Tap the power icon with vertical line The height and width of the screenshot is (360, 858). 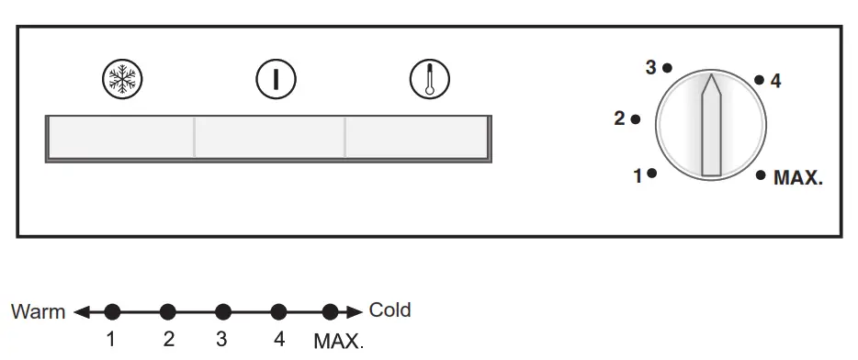tap(274, 80)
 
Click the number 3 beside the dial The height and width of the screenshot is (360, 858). tap(650, 67)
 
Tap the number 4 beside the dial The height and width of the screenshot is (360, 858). tap(775, 82)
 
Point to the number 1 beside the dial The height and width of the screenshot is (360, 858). tap(638, 175)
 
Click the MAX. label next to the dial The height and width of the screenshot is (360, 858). tap(797, 179)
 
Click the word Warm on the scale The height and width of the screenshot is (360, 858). tap(38, 311)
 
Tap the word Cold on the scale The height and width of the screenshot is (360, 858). tap(389, 309)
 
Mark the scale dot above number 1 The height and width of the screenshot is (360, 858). tap(112, 311)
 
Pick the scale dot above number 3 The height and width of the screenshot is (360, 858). tap(222, 311)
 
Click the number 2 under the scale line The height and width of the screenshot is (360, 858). tap(168, 339)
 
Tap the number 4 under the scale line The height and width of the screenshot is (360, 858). tap(279, 339)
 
